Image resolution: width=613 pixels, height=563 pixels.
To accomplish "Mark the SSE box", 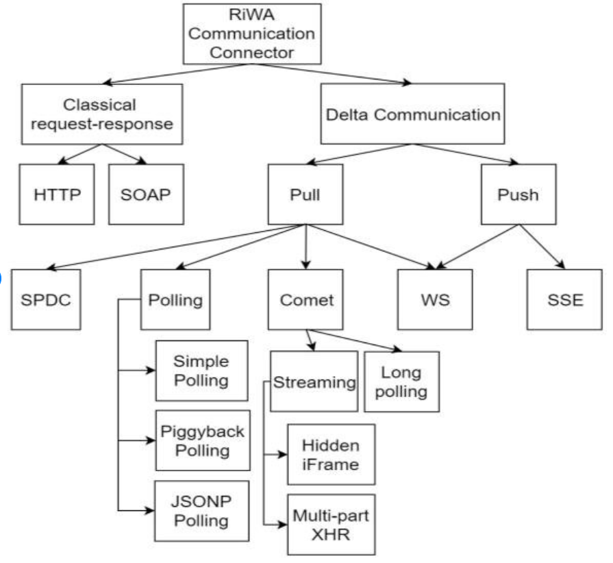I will pos(560,301).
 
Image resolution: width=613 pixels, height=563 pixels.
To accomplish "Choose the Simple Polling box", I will pos(202,370).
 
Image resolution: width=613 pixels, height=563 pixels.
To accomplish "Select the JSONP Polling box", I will pos(202,511).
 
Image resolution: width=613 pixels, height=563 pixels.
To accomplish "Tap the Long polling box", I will pos(401,381).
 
